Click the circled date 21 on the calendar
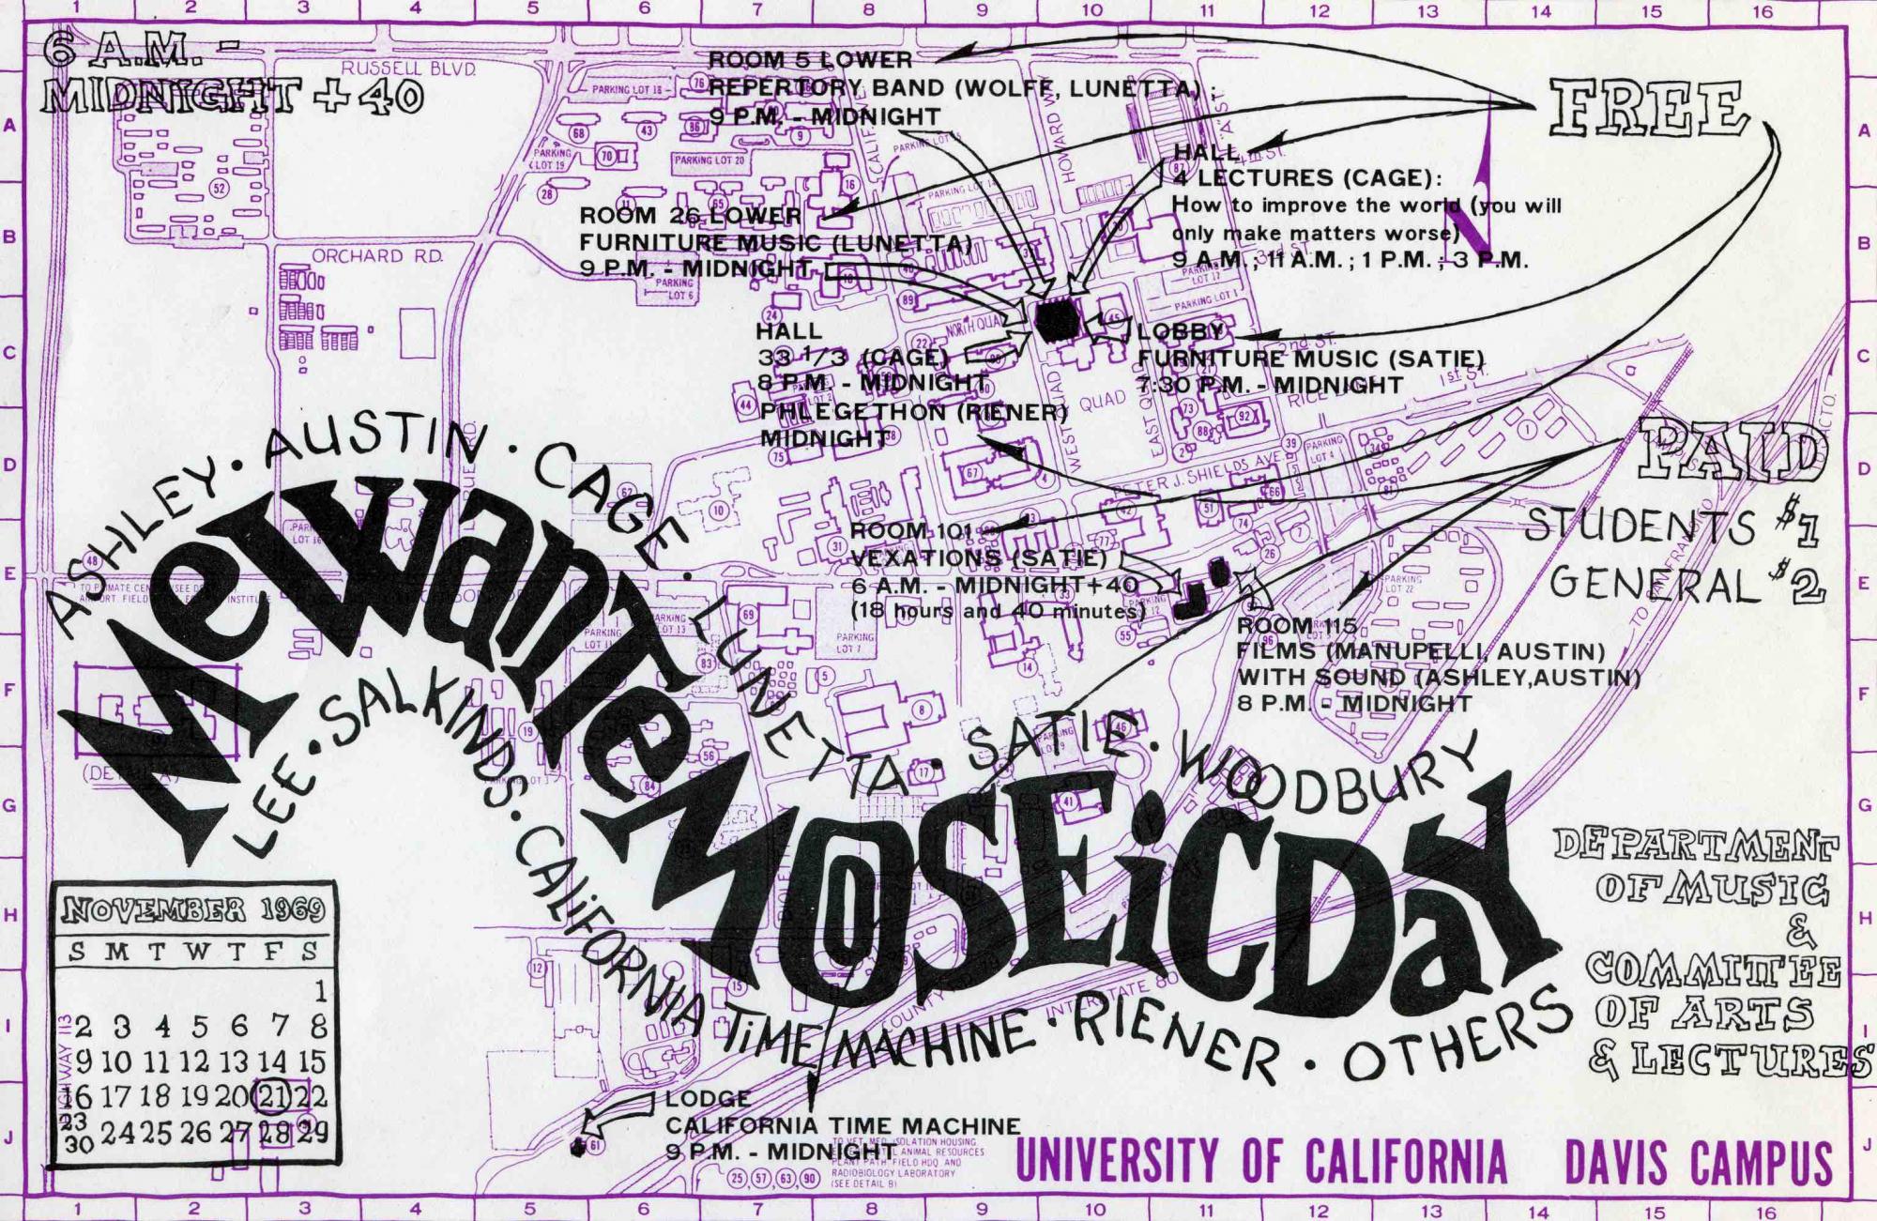coord(273,1094)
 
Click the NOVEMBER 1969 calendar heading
coord(193,908)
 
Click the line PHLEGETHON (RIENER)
coord(913,412)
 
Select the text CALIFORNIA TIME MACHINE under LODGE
coord(843,1125)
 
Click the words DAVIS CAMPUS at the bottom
coord(1698,1163)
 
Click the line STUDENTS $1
coord(1671,528)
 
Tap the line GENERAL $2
coord(1685,586)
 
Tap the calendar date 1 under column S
coord(320,990)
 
